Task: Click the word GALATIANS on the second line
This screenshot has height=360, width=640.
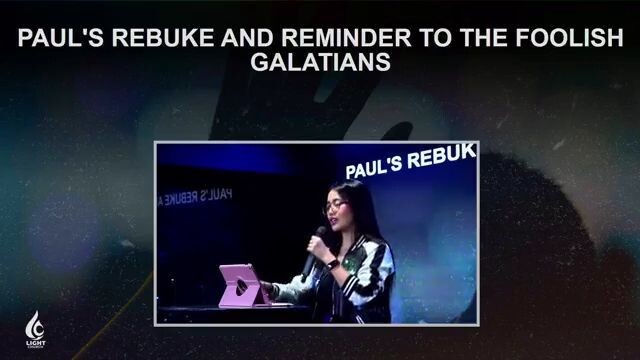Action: (320, 64)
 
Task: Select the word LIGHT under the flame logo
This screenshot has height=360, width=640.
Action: (34, 343)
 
